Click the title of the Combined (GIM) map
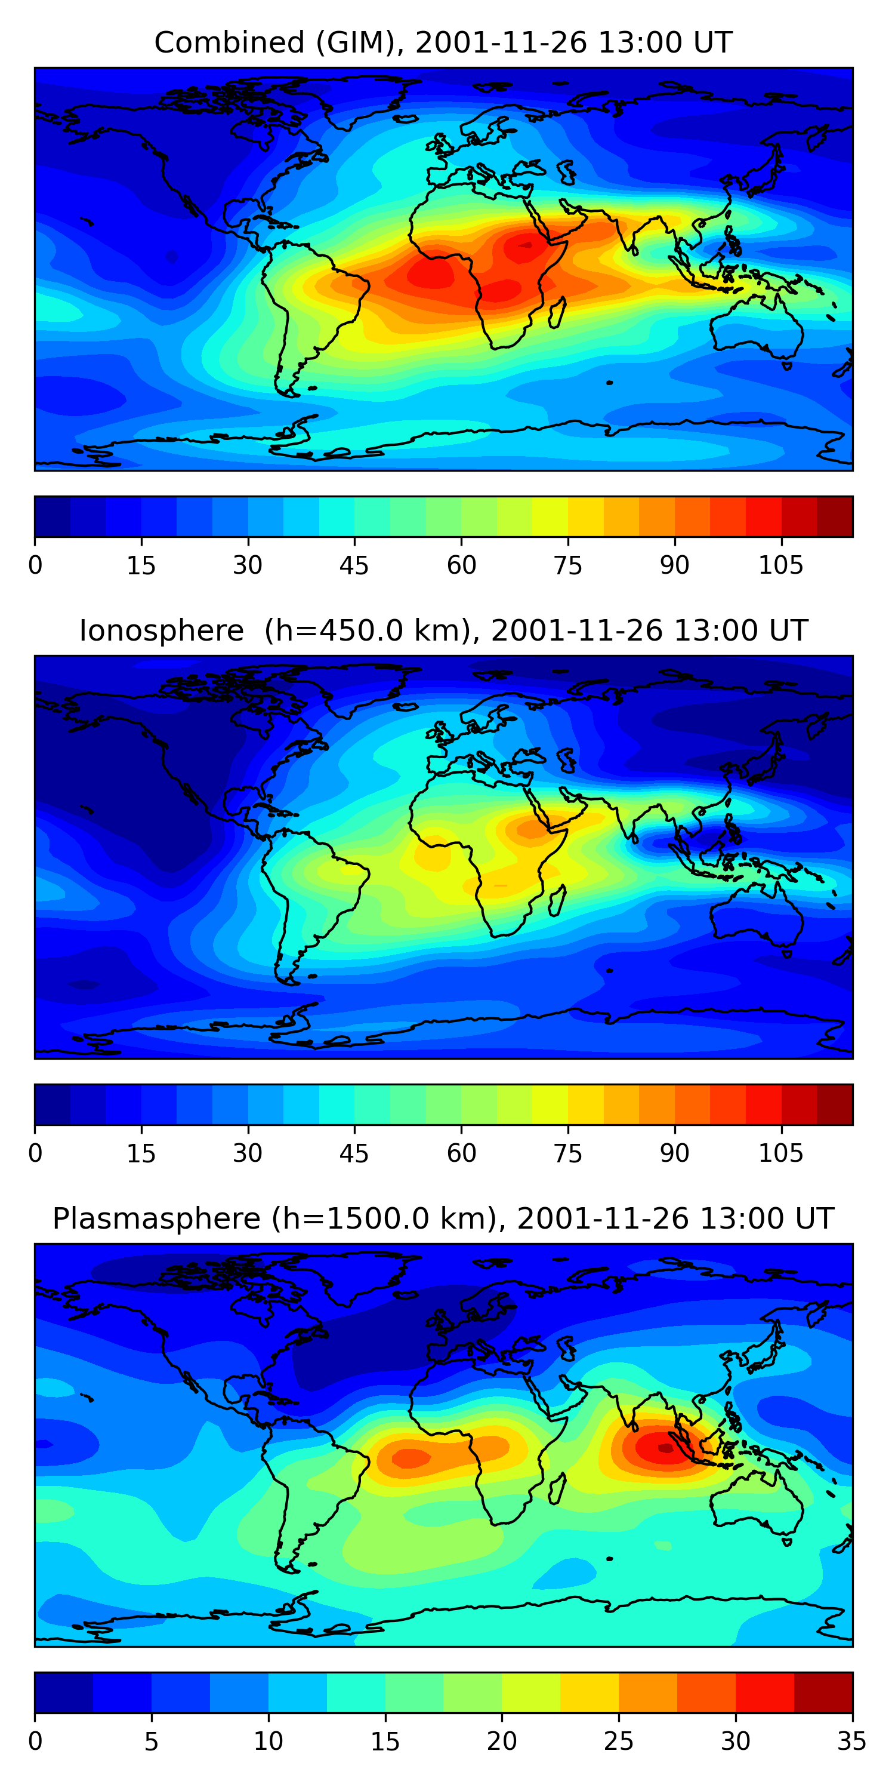(443, 43)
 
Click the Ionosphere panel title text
(443, 631)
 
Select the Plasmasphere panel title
(443, 1219)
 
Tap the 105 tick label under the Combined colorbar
(780, 566)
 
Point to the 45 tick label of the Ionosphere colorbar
(354, 1153)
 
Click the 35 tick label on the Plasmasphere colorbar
(851, 1741)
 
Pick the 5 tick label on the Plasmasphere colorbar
(152, 1741)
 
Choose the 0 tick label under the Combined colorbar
(35, 566)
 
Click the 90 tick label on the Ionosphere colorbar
(674, 1153)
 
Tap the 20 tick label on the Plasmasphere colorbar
(502, 1741)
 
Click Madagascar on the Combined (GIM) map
(557, 313)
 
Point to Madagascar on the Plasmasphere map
(557, 1488)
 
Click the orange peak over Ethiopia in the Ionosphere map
(528, 829)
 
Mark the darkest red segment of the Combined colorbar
(835, 516)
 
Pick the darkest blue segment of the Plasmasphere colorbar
(64, 1692)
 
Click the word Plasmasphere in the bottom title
(156, 1219)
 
